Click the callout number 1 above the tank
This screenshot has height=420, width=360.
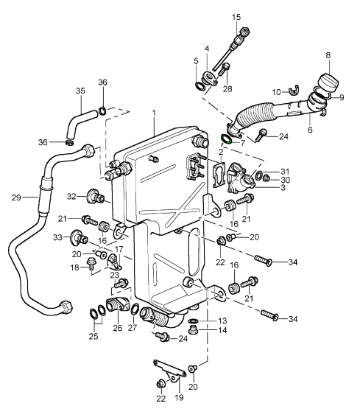coord(154,113)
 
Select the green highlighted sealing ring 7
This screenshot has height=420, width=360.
coord(225,139)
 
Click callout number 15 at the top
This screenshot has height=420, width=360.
coord(236,17)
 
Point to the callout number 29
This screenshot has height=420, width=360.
coord(16,197)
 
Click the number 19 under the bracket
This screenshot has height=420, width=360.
coord(179,397)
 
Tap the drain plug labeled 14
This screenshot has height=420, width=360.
coord(192,329)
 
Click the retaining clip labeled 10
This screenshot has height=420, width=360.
coord(294,90)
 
